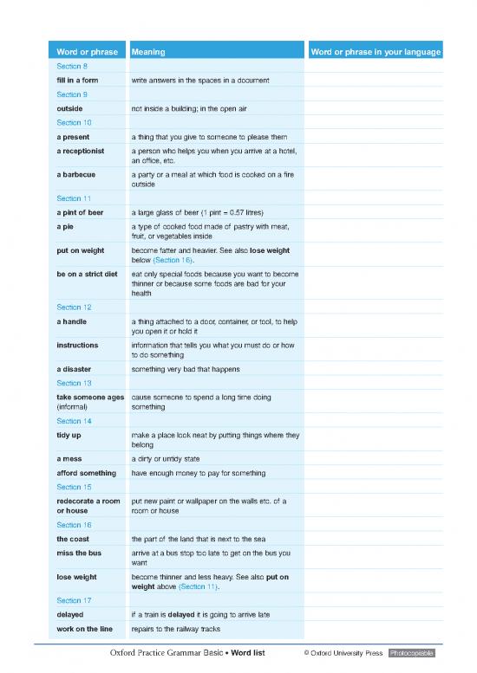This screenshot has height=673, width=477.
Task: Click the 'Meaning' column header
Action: tap(148, 53)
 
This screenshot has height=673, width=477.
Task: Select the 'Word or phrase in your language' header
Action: tap(376, 53)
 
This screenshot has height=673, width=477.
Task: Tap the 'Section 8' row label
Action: tap(71, 67)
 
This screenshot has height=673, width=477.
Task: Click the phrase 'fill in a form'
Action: tap(77, 81)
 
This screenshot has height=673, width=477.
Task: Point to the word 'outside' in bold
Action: tap(69, 109)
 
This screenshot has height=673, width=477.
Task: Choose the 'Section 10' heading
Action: tap(73, 123)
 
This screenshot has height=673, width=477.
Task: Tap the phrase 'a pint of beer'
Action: tap(80, 212)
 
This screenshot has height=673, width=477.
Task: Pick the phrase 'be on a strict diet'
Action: tap(87, 274)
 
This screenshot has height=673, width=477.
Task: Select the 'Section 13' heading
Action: tap(73, 383)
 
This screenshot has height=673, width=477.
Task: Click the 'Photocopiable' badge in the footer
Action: tap(415, 651)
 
